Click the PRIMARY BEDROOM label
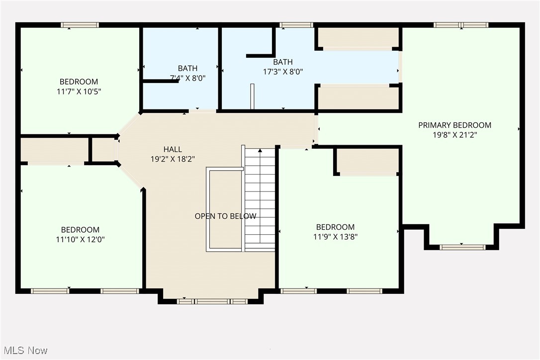[454, 125]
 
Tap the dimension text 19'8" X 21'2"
[454, 135]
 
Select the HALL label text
[173, 149]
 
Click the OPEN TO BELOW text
[225, 216]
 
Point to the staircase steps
[260, 199]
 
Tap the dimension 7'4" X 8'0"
[187, 78]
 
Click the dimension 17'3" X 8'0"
[282, 72]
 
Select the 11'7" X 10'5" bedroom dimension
[79, 91]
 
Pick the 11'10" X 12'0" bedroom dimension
[80, 239]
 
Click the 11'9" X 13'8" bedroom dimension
[335, 237]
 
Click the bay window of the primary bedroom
[462, 247]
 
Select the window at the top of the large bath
[296, 25]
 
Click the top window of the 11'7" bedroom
[80, 25]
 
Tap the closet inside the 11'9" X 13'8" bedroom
[368, 161]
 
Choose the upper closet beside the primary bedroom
[358, 37]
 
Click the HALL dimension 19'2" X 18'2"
[173, 159]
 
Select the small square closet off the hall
[103, 150]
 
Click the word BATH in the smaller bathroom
[187, 69]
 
